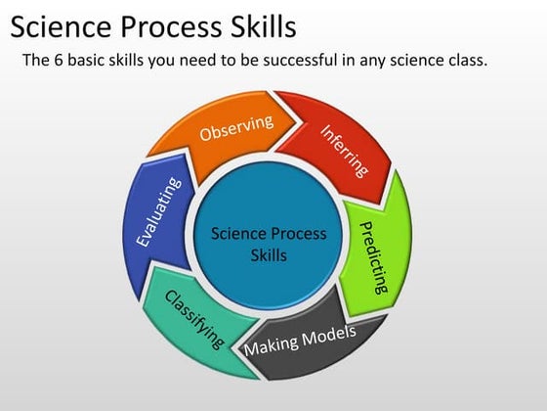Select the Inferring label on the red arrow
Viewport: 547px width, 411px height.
click(345, 150)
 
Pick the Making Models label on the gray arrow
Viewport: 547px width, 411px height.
click(300, 341)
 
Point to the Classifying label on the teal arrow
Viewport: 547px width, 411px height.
click(194, 318)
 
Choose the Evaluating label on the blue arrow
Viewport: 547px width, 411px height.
click(157, 211)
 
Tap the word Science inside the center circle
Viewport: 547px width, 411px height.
click(239, 234)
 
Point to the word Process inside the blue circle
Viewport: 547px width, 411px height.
click(299, 234)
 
